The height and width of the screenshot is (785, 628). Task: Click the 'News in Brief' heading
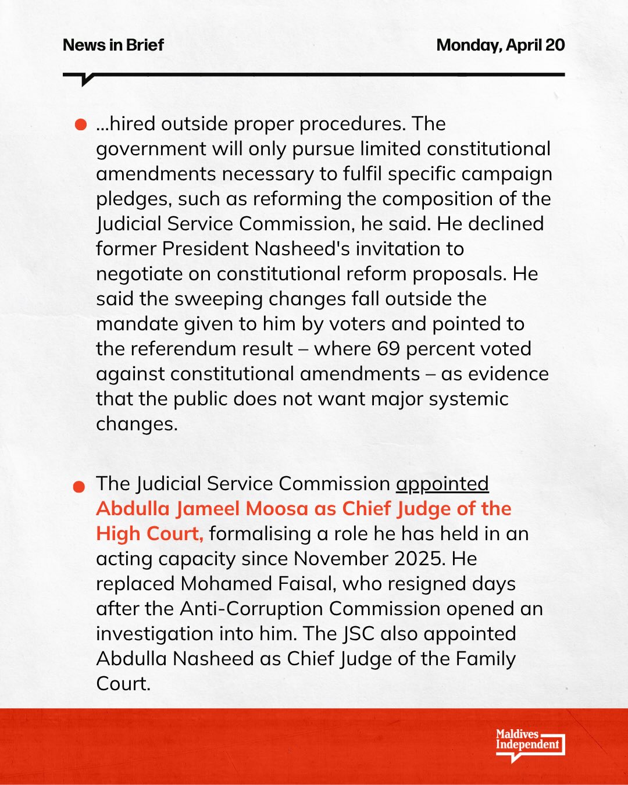pos(113,45)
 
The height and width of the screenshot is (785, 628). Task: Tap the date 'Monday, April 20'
pos(500,45)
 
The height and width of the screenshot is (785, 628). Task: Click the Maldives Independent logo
pos(529,745)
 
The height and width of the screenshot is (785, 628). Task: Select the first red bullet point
pos(81,125)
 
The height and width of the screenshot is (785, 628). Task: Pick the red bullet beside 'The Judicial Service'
pos(80,486)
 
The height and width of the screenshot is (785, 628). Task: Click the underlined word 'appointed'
pos(442,484)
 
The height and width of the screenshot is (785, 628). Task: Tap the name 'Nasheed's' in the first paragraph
pos(302,249)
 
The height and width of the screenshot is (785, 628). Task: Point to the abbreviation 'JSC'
pos(358,634)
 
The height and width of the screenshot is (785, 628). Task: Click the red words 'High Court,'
pos(149,534)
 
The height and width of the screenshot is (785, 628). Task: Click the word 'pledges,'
pos(134,199)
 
